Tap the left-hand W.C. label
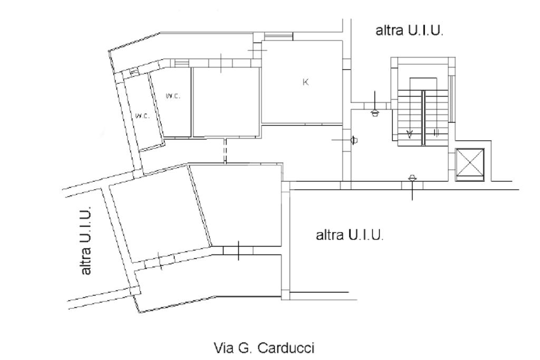point(142,116)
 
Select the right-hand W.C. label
point(172,96)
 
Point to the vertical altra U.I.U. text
point(86,240)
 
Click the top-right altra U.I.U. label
point(409,31)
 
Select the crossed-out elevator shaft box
point(469,164)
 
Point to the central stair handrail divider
point(423,117)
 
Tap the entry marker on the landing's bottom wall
point(412,182)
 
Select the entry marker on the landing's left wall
point(353,140)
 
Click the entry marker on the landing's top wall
point(374,108)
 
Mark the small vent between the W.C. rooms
point(134,71)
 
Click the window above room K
point(278,36)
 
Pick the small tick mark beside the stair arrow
point(436,133)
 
